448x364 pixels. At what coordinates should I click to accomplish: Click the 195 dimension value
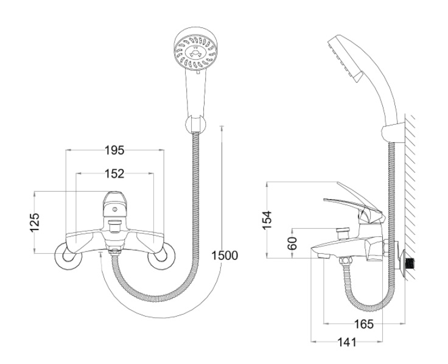[x=114, y=150]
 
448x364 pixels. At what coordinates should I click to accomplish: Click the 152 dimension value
[x=114, y=173]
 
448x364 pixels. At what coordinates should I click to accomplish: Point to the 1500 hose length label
[x=224, y=256]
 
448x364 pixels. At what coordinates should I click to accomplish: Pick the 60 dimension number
[x=293, y=243]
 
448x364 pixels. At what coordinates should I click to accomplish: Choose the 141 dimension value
[x=347, y=343]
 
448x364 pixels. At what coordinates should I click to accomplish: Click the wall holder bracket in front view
[x=194, y=124]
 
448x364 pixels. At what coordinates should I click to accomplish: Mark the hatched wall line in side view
[x=411, y=183]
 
